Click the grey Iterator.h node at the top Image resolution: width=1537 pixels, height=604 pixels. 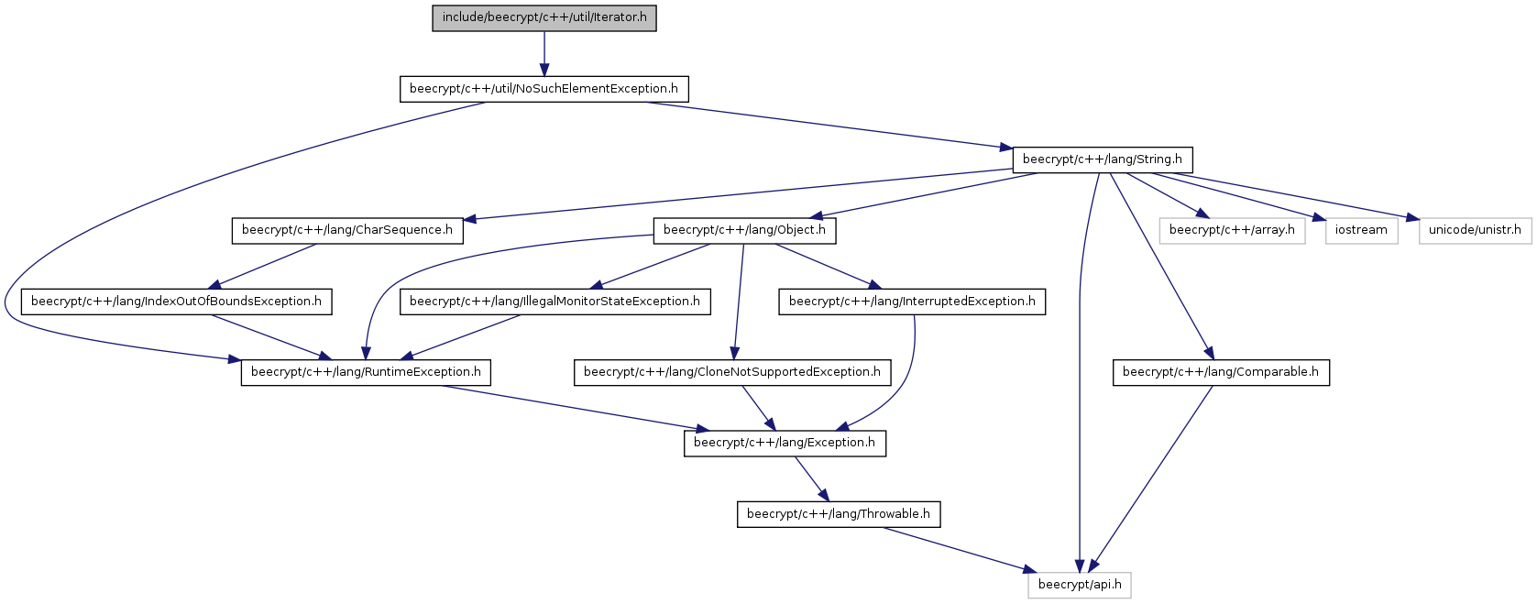[544, 17]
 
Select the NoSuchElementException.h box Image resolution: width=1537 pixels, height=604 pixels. [544, 89]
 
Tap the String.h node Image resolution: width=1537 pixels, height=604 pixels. [1103, 159]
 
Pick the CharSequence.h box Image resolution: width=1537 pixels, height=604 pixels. [347, 231]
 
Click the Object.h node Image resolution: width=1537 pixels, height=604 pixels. [744, 231]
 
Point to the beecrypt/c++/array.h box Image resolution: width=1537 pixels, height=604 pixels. [1233, 231]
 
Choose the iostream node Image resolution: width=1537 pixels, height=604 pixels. [1361, 231]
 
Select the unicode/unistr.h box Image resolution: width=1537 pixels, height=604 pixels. [1476, 231]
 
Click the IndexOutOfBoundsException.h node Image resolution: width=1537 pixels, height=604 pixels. [176, 302]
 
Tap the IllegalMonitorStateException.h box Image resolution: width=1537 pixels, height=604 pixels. [555, 302]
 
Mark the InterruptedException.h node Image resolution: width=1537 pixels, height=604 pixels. [912, 302]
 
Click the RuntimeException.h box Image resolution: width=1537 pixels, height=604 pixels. [366, 373]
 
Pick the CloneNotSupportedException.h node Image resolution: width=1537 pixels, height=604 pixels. [732, 373]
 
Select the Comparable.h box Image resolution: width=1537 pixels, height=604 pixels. [1221, 373]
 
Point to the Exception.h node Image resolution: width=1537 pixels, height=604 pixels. [785, 444]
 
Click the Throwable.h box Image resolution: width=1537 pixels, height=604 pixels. [839, 515]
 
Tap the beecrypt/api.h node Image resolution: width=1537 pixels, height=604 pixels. [1080, 586]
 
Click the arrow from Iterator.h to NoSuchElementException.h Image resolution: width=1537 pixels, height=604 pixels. [544, 53]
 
